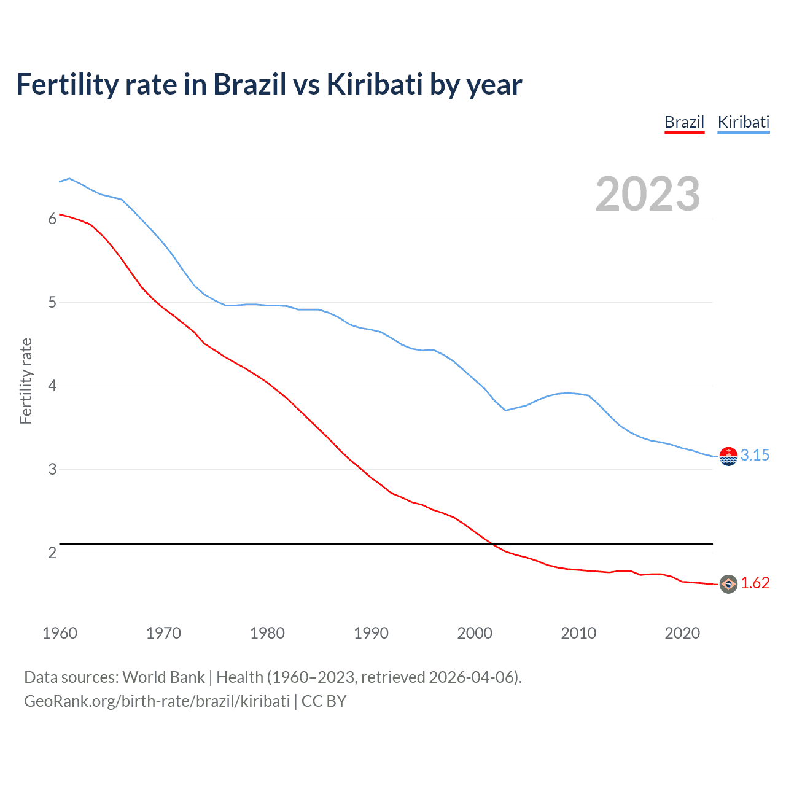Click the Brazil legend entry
pos(684,122)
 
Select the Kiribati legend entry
pos(743,122)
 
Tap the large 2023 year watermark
pos(647,194)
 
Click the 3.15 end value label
pos(755,455)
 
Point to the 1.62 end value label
pos(755,583)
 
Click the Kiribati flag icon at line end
pos(728,456)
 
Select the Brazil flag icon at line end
pos(728,584)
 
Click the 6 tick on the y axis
pos(52,219)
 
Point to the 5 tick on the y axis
pos(52,303)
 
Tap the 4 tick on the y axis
pos(52,386)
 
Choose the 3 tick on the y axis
pos(52,470)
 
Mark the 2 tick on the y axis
pos(52,553)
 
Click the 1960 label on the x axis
pos(60,633)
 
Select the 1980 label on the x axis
pos(267,633)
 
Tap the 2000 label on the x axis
pos(475,633)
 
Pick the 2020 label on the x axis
pos(682,633)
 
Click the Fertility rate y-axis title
pos(26,381)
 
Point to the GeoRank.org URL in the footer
pos(157,701)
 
